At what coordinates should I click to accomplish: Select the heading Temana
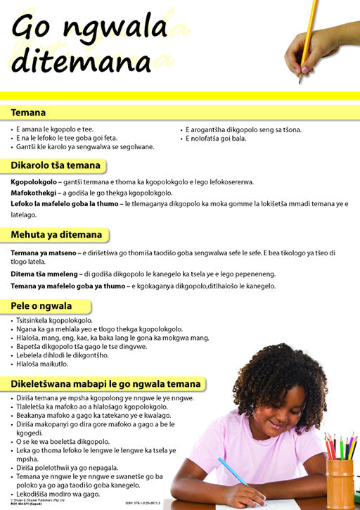(x=28, y=113)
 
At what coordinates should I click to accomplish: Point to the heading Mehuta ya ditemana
(x=56, y=235)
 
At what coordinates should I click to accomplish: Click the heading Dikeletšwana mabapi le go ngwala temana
(x=106, y=384)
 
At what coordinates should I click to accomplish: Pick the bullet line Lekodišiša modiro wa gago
(x=59, y=495)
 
